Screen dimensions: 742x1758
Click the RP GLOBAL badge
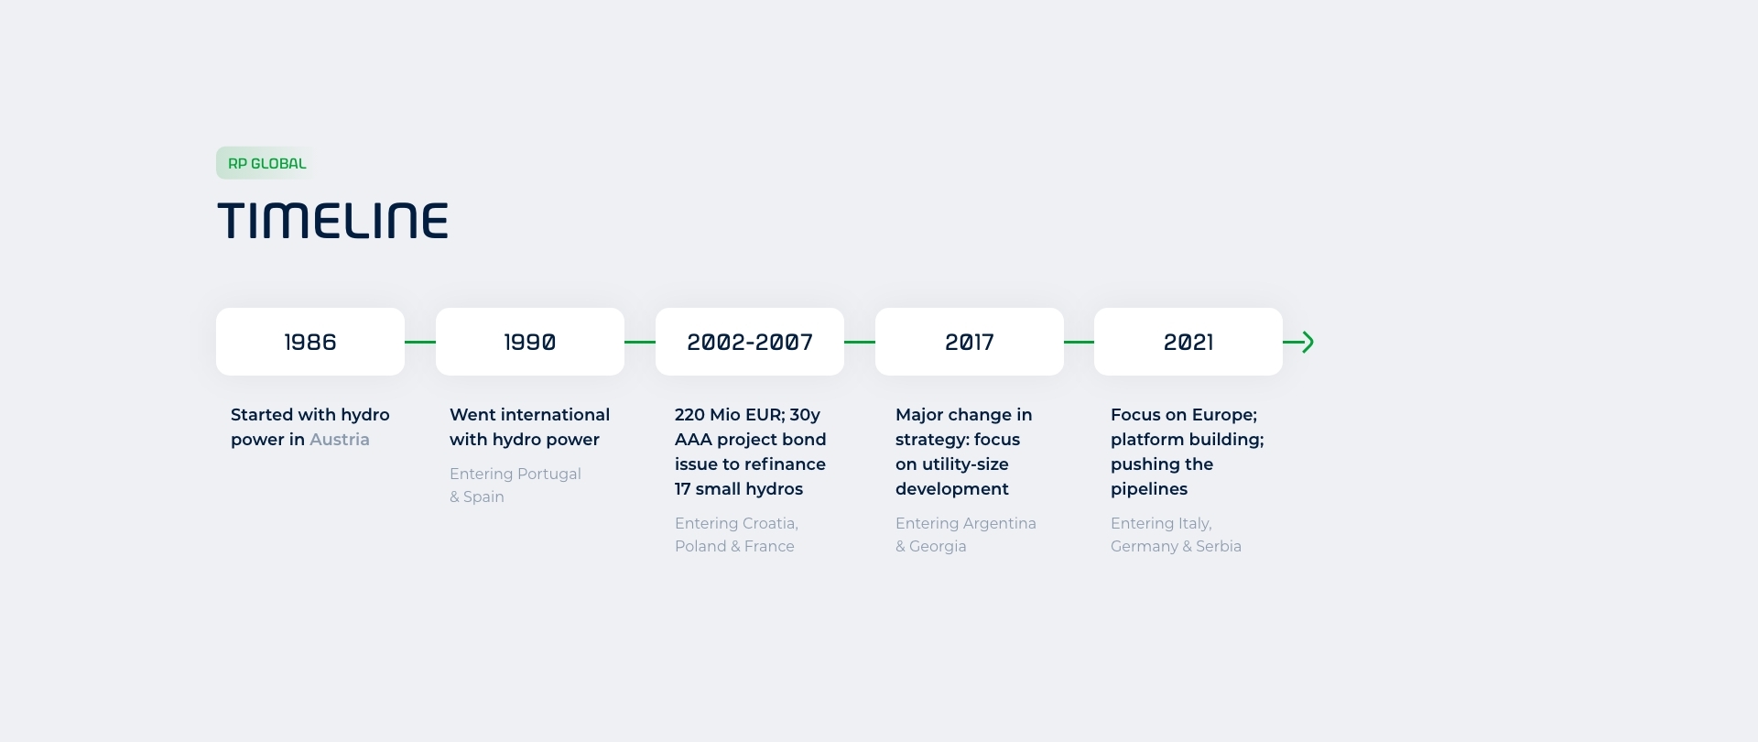point(266,163)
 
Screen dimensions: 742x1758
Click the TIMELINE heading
point(332,222)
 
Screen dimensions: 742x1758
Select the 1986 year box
point(310,342)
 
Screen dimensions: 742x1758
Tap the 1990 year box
point(530,342)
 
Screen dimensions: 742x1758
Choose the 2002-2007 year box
point(750,342)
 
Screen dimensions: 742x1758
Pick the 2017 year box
point(970,342)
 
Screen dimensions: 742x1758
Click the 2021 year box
point(1188,342)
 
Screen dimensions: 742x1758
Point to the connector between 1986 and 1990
point(420,342)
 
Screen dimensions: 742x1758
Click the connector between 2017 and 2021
point(1079,342)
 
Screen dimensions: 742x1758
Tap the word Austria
point(340,440)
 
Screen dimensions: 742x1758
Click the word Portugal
point(548,474)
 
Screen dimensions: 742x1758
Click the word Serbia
point(1219,546)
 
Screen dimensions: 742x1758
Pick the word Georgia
point(938,546)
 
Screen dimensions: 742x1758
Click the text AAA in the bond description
point(693,440)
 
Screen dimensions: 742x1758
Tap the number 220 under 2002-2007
point(689,415)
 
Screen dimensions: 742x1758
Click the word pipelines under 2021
point(1149,489)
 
